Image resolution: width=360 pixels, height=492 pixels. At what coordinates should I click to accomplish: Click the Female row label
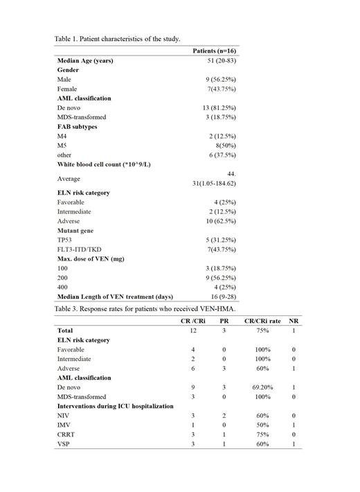pyautogui.click(x=67, y=89)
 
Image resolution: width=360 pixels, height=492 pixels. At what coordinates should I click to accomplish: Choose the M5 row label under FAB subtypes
pyautogui.click(x=62, y=146)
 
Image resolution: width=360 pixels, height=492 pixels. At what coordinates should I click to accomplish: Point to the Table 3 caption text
pyautogui.click(x=145, y=308)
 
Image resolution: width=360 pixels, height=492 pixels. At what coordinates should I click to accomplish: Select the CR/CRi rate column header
pyautogui.click(x=264, y=321)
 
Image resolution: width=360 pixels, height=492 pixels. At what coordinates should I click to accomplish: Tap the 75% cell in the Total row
pyautogui.click(x=264, y=331)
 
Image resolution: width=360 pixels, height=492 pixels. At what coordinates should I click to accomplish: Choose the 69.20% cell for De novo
pyautogui.click(x=264, y=387)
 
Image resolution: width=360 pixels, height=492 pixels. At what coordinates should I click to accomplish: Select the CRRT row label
pyautogui.click(x=66, y=434)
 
